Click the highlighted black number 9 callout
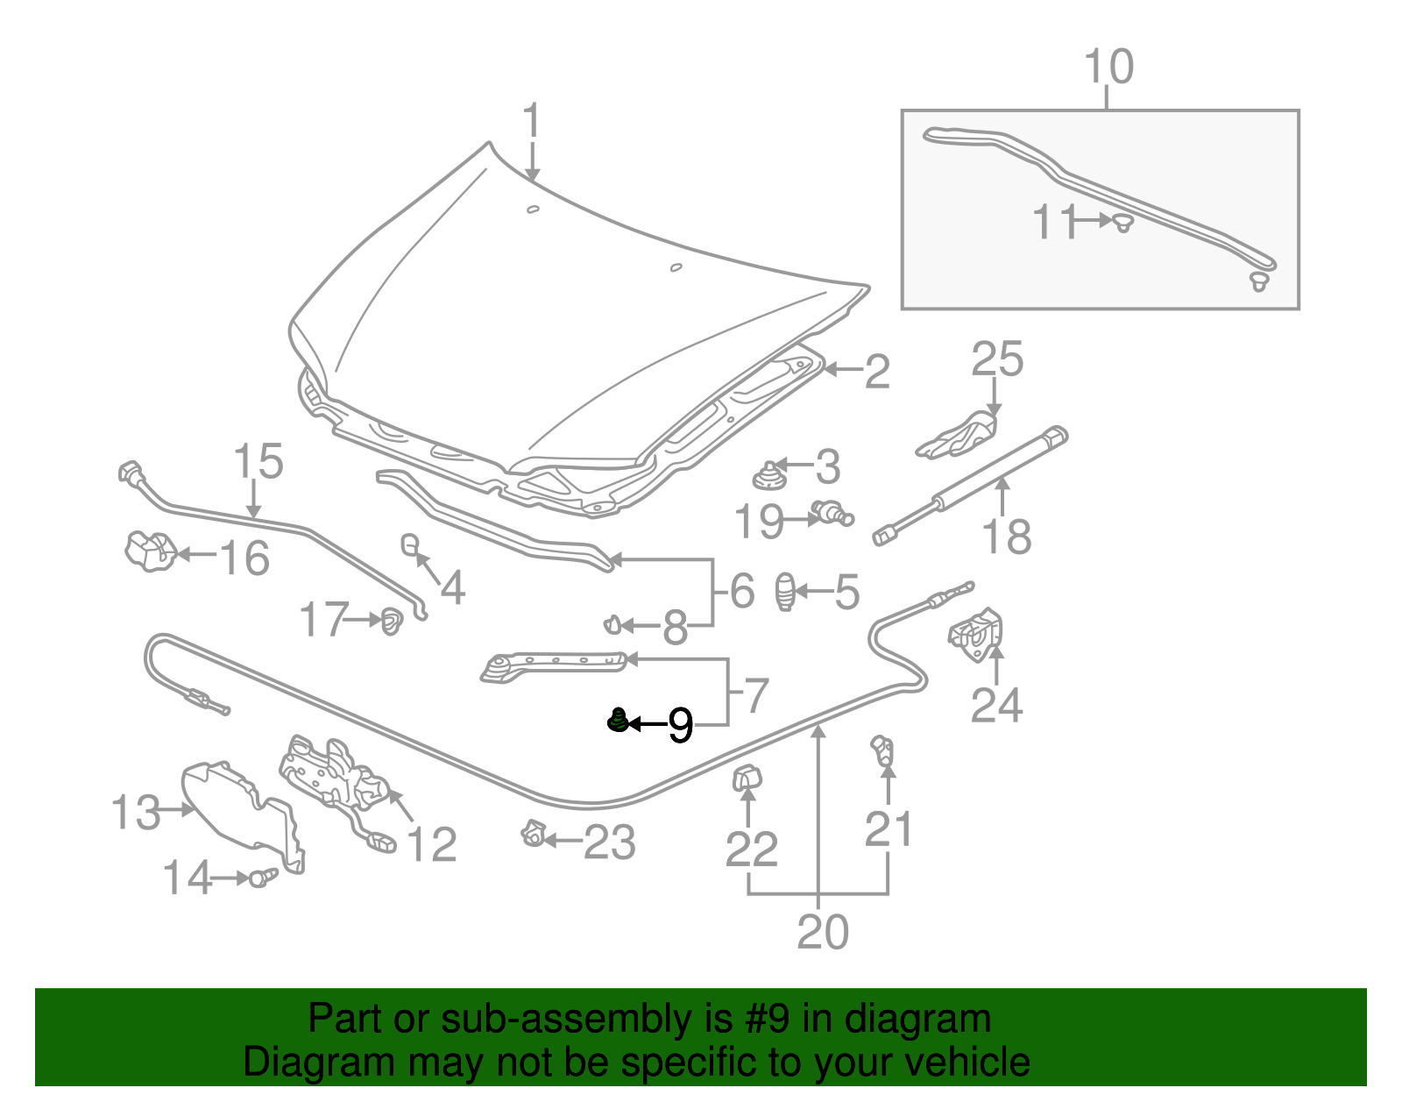pos(681,725)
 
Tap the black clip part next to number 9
pos(618,721)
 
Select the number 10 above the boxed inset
pos(1108,68)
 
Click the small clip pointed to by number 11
pos(1122,223)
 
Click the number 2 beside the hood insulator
pos(877,372)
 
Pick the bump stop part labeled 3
pos(768,477)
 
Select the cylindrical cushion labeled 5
pos(786,592)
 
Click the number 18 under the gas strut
pos(1007,537)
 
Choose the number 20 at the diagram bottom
pos(822,932)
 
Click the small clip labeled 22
pos(747,778)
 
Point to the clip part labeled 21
pos(882,750)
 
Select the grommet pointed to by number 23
pos(532,833)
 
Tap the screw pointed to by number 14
pos(260,877)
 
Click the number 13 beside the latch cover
pos(137,813)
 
